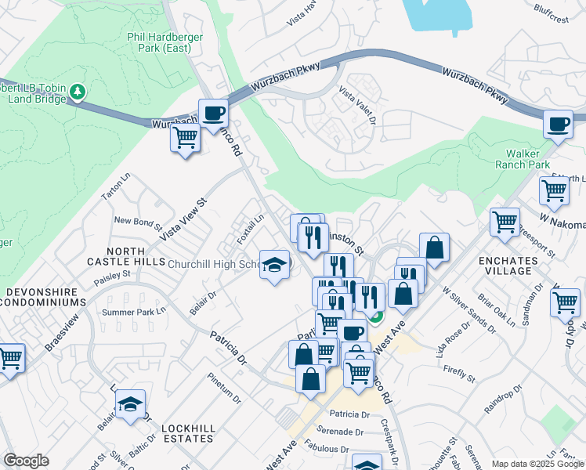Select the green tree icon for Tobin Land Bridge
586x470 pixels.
click(77, 92)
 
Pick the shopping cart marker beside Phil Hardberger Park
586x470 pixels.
click(185, 138)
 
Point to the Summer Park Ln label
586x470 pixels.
click(135, 312)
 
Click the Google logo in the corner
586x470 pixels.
click(26, 461)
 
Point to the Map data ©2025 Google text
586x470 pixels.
click(537, 464)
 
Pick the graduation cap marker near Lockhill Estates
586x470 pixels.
click(130, 404)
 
